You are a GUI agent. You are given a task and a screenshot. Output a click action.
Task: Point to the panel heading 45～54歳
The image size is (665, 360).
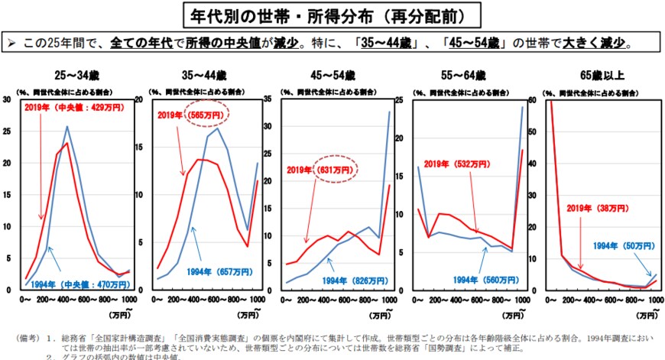[334, 76]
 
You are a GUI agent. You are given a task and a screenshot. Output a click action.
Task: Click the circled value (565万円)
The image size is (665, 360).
[206, 115]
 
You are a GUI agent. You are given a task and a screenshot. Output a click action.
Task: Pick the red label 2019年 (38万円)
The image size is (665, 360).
[594, 207]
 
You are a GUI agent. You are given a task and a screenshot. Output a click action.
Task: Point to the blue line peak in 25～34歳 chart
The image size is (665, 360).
[67, 127]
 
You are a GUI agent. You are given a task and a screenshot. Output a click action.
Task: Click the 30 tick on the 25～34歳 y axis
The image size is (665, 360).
[6, 99]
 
